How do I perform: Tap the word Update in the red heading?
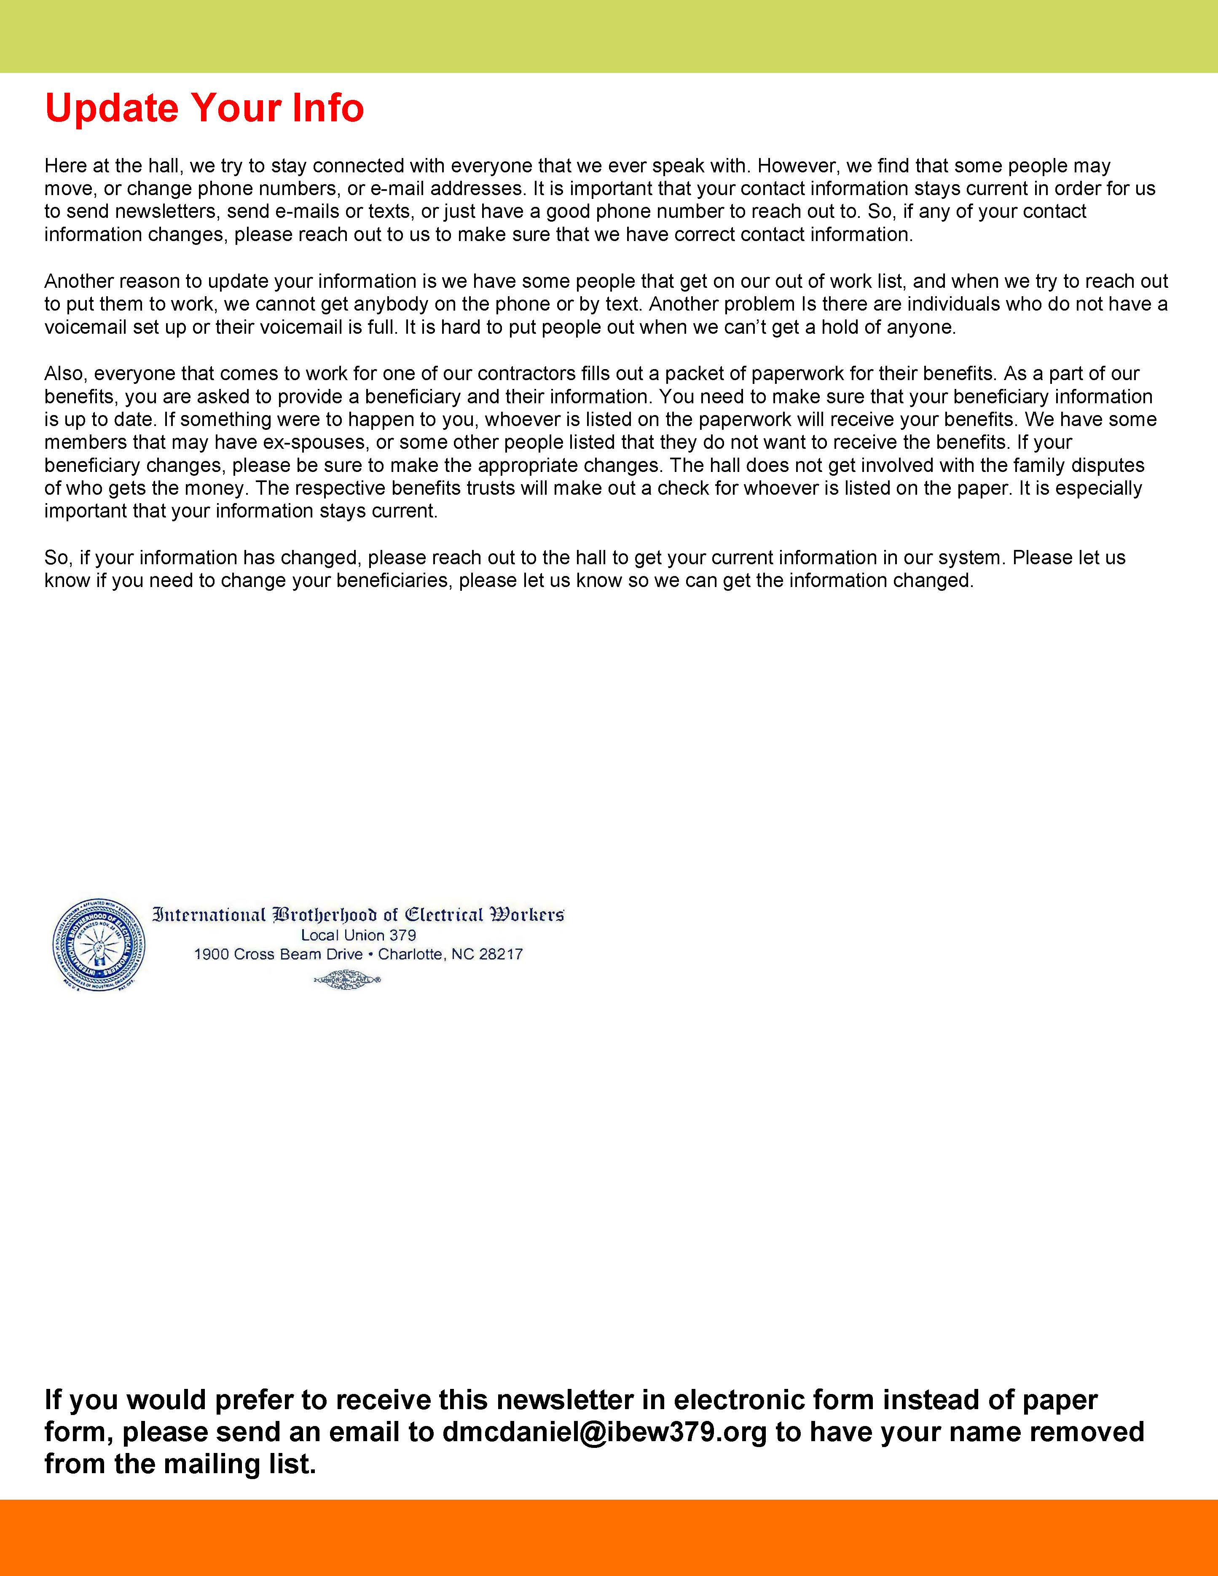[x=111, y=108]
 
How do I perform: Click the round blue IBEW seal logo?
[x=99, y=945]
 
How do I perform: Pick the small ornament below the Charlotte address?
[x=347, y=980]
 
